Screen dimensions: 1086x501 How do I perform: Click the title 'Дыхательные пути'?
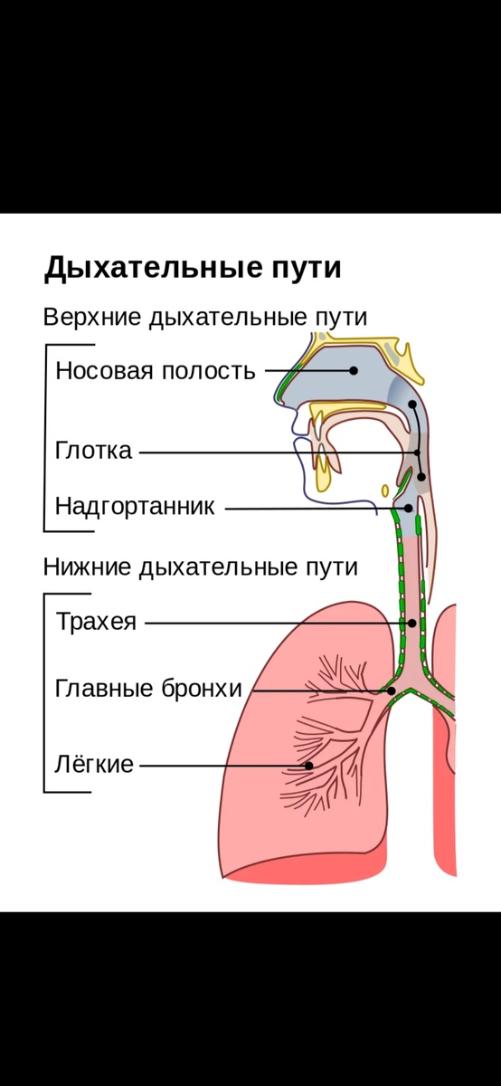point(193,269)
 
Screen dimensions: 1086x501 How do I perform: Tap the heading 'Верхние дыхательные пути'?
point(205,318)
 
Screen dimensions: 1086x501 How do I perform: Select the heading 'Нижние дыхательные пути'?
point(200,567)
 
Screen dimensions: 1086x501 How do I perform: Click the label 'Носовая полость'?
point(156,370)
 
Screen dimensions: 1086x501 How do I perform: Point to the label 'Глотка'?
point(93,451)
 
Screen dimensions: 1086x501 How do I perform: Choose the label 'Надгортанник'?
point(135,506)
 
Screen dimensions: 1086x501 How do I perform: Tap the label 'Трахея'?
point(96,623)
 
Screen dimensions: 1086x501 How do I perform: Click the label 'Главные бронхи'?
point(148,689)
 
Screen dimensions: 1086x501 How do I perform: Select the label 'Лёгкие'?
point(94,765)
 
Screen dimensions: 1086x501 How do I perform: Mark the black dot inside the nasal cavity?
point(354,370)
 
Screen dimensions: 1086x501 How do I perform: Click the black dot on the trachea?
point(411,623)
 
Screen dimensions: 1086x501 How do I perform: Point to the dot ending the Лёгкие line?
point(309,766)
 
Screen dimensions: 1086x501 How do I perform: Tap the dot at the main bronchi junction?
point(392,691)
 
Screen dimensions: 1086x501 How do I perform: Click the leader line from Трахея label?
point(271,623)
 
